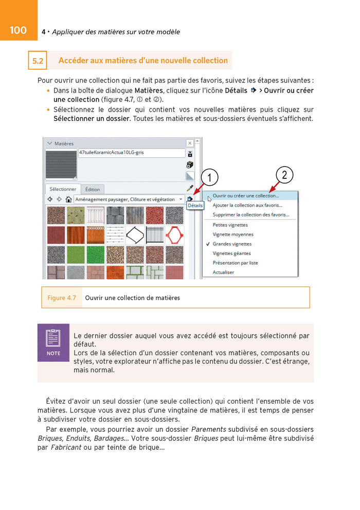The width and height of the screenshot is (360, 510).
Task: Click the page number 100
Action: pos(18,30)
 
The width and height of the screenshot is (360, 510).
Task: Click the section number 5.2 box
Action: pos(38,61)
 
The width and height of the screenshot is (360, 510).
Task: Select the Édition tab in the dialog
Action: pos(93,189)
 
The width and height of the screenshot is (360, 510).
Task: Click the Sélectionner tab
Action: pos(63,189)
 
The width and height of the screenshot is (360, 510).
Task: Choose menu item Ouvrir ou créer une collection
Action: pos(245,195)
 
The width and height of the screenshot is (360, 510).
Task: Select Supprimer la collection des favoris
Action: pos(250,214)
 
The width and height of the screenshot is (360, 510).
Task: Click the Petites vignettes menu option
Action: pos(230,225)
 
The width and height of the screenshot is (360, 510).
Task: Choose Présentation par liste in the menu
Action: pos(235,263)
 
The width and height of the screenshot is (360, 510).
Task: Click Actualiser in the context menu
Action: pos(223,272)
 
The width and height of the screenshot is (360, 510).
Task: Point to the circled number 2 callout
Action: pos(284,175)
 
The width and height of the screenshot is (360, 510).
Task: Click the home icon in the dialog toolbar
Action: pos(68,199)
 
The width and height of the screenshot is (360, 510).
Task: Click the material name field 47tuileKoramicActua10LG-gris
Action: pos(131,153)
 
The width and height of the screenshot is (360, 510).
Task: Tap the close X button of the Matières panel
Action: pos(190,143)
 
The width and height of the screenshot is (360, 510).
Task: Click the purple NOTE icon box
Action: pos(53,342)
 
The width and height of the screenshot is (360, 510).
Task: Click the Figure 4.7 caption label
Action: pos(62,298)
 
